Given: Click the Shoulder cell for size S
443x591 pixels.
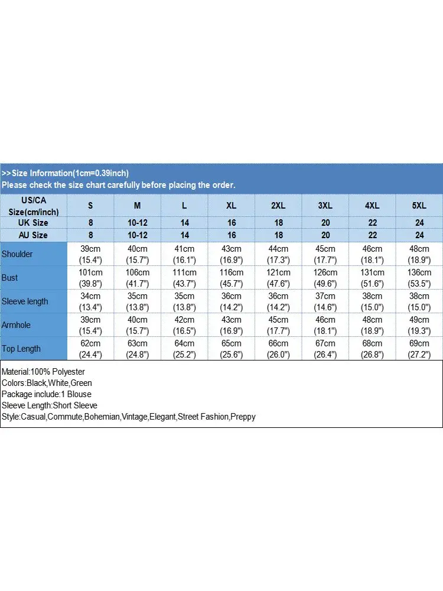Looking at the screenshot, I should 91,254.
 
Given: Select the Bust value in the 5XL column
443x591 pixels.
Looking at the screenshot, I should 419,278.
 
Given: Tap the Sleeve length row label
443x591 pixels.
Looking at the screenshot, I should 25,301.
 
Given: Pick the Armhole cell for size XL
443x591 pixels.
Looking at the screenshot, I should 231,325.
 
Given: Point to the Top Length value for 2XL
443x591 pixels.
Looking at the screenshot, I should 278,349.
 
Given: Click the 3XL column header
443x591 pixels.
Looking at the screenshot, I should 325,206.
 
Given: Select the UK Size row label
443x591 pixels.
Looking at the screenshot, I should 33,223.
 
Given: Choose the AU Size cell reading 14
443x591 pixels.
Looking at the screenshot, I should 184,235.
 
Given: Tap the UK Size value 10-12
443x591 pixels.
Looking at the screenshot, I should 138,223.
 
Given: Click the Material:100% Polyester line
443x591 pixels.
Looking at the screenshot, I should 43,372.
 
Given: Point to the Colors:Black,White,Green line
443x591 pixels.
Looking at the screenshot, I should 47,383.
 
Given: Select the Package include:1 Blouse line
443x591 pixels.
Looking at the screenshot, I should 46,394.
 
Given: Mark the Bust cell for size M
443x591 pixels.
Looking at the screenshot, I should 138,278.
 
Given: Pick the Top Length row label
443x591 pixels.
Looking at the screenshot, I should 21,349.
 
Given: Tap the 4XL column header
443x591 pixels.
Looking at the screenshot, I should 372,206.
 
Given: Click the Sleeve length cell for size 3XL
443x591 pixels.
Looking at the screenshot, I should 325,301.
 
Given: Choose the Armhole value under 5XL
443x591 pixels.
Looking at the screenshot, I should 419,325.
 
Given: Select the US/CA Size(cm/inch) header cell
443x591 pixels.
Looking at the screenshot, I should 33,206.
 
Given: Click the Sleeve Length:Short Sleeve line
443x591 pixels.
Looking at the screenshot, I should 49,405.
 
